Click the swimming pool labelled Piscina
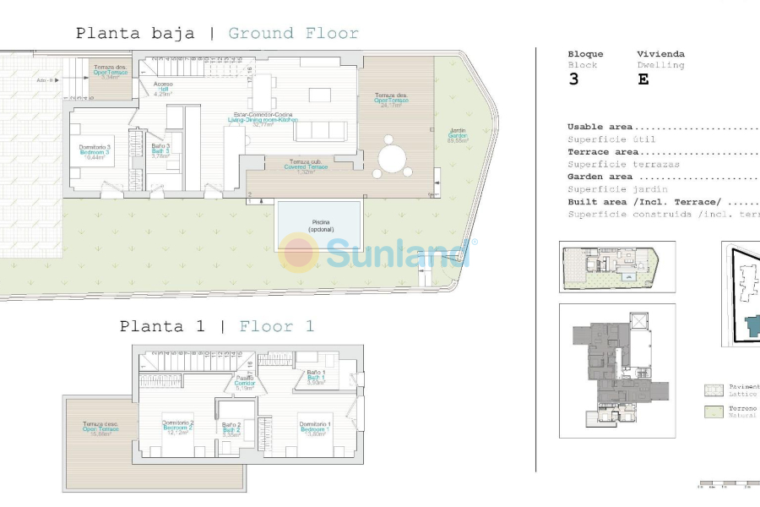[x=318, y=224]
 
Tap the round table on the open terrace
[x=391, y=158]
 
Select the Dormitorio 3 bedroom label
[x=95, y=151]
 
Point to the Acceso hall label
[x=163, y=89]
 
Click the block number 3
[x=574, y=79]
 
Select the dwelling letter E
[x=643, y=79]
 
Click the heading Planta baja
[x=135, y=34]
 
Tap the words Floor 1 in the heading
[x=277, y=326]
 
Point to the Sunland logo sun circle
[x=300, y=252]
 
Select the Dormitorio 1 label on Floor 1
[x=314, y=428]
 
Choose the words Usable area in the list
[x=600, y=127]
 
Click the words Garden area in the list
[x=600, y=177]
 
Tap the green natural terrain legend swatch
[x=714, y=412]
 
